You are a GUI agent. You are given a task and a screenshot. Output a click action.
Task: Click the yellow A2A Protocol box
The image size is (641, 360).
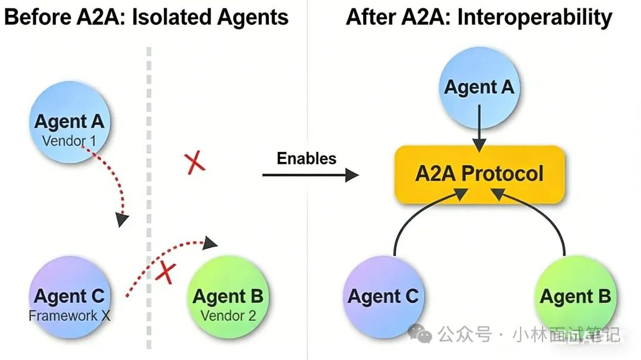(x=479, y=174)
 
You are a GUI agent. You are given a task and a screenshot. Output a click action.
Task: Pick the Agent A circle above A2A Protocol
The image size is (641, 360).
(x=479, y=87)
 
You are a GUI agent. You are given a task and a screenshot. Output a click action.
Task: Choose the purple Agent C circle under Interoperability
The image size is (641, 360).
(x=383, y=296)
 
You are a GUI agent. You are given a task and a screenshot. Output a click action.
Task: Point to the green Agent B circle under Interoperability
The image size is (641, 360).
(x=575, y=296)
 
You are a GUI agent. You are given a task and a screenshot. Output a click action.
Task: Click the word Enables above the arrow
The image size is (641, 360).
(x=306, y=158)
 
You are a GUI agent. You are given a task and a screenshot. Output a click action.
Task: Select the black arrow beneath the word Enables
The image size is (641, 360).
(x=310, y=174)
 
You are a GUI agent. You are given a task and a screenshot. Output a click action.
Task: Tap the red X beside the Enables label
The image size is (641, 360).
(x=195, y=162)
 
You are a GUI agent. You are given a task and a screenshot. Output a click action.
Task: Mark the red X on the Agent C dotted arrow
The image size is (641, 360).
(x=167, y=273)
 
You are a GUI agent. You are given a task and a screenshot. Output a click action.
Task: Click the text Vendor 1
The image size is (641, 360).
(x=69, y=142)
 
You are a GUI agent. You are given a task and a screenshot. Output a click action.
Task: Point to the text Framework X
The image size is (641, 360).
(x=69, y=316)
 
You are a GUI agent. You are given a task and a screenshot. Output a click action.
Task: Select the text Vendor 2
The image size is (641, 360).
(x=228, y=316)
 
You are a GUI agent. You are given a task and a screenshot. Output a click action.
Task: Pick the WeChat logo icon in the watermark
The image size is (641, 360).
(x=424, y=335)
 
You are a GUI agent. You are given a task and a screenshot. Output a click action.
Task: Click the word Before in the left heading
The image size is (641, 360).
(x=37, y=17)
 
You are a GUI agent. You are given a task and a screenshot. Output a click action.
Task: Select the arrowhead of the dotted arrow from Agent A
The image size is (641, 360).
(x=122, y=220)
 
